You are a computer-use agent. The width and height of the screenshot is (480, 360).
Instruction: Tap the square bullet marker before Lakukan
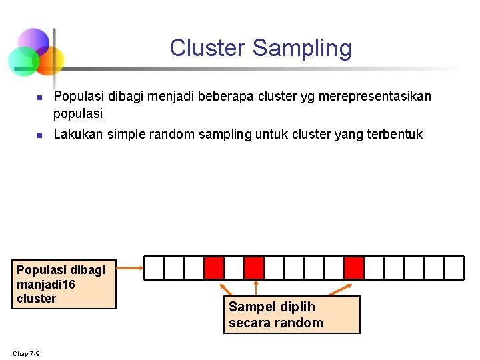[39, 135]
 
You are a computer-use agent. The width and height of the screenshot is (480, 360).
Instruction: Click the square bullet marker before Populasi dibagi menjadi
[39, 97]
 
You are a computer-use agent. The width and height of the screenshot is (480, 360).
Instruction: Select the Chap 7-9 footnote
[25, 353]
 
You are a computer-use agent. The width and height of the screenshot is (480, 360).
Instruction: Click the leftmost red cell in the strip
[214, 268]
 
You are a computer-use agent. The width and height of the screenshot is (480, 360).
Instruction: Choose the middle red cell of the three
[254, 268]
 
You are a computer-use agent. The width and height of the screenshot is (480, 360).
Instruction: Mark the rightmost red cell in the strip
[354, 268]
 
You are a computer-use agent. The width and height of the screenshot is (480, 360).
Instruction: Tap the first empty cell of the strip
[154, 268]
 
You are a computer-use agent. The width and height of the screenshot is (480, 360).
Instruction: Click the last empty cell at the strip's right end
[454, 268]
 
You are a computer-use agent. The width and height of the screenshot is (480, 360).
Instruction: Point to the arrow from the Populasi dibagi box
[131, 268]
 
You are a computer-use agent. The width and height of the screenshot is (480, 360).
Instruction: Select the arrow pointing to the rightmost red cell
[340, 289]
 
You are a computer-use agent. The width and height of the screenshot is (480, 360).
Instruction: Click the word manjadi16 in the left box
[45, 285]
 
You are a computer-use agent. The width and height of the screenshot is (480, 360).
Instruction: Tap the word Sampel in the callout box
[249, 307]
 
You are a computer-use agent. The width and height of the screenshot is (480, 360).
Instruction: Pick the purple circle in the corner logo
[33, 42]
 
